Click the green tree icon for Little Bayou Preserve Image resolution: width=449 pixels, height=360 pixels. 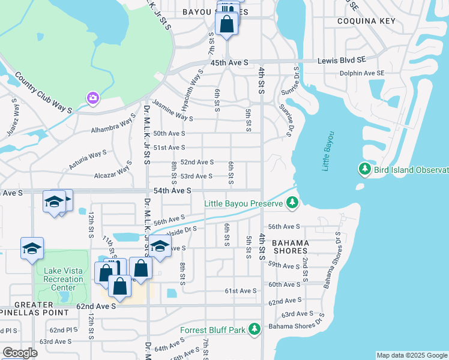point(292,203)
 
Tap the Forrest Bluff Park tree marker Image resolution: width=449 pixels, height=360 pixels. point(255,329)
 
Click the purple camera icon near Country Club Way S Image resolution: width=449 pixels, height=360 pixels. point(92,97)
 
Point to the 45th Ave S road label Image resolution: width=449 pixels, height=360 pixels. point(229,62)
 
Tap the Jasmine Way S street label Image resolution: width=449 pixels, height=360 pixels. point(173,110)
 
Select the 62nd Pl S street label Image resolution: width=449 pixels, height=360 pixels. point(64,330)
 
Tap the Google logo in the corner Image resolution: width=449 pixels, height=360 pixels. point(19,353)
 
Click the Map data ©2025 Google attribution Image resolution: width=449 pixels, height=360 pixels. point(411,355)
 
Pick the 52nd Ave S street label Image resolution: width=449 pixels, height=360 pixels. point(197,162)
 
